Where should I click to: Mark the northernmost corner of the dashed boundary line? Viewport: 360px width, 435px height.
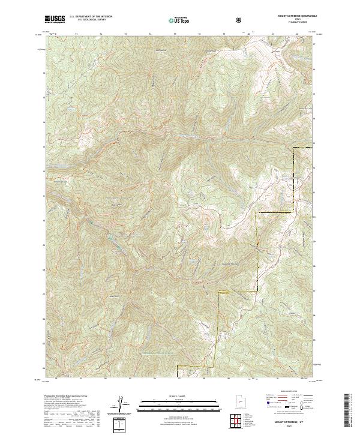coord(295,147)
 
